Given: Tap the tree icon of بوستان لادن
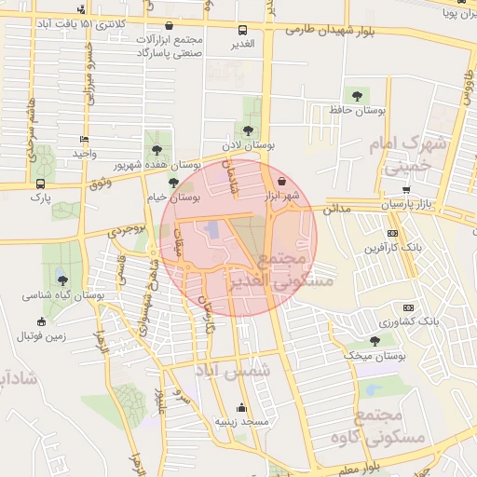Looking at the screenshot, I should (247, 131).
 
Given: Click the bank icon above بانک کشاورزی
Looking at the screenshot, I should (408, 307).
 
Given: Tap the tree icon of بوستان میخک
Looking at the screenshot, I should (375, 341).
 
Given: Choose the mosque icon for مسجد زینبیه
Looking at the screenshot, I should (242, 407).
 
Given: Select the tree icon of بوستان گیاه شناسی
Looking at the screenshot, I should (62, 279).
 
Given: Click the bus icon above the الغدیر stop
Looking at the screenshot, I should (242, 30).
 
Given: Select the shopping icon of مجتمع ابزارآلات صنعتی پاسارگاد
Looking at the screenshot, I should (169, 26).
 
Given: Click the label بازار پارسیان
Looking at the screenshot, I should (407, 203).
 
